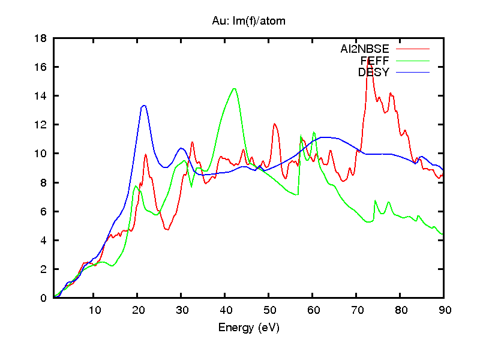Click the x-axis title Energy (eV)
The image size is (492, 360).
[x=248, y=328]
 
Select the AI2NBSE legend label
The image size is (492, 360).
[x=365, y=49]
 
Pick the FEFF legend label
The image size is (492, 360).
[x=375, y=61]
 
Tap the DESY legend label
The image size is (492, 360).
[x=374, y=73]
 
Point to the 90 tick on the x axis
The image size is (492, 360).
[x=444, y=310]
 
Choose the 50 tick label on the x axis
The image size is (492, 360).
[x=269, y=310]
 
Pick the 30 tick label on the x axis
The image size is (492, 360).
[x=182, y=310]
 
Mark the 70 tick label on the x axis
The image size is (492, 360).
[x=356, y=310]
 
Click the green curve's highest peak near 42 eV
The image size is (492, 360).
[x=234, y=89]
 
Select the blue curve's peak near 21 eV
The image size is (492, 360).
[x=144, y=106]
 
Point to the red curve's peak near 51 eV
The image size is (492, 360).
[x=274, y=124]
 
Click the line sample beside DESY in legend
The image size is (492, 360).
[x=413, y=73]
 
